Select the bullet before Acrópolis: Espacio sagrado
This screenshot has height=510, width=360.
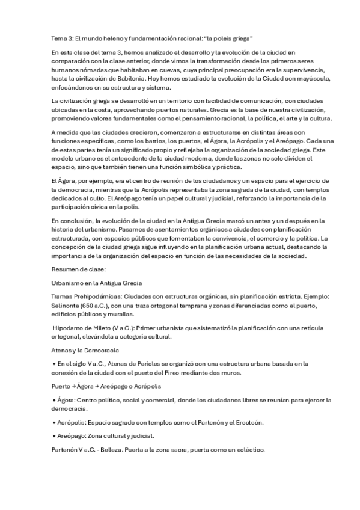[x=55, y=422]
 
